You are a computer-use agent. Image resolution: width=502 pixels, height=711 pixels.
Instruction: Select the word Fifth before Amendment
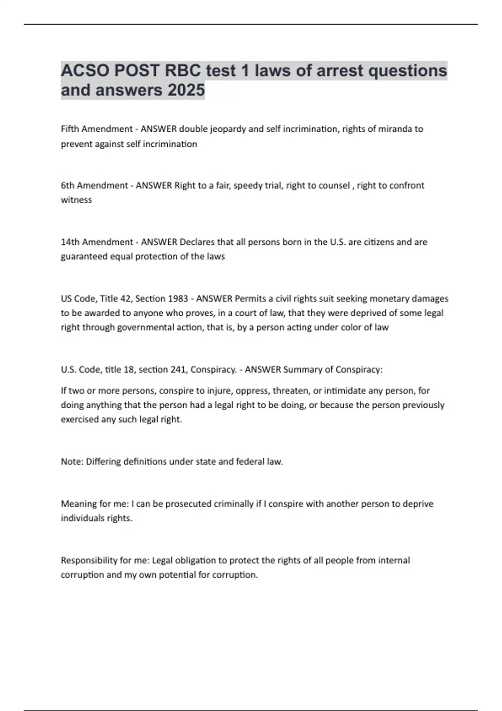(x=70, y=129)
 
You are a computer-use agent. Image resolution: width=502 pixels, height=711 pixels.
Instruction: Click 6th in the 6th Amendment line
(x=67, y=185)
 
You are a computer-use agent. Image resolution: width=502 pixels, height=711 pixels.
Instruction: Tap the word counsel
(x=334, y=185)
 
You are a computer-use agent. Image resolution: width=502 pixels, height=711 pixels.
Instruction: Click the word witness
(x=76, y=200)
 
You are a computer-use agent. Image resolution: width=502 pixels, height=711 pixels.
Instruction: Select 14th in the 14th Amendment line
(x=70, y=242)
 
